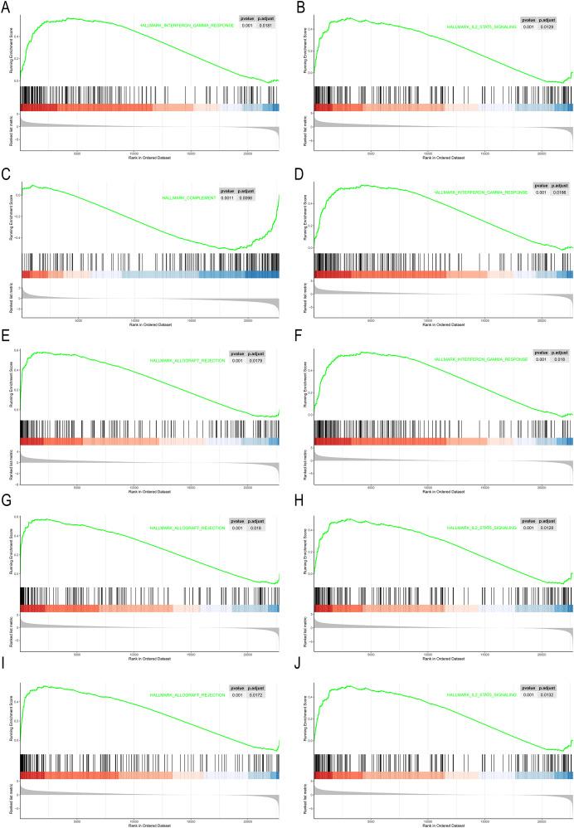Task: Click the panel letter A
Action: pos(7,7)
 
